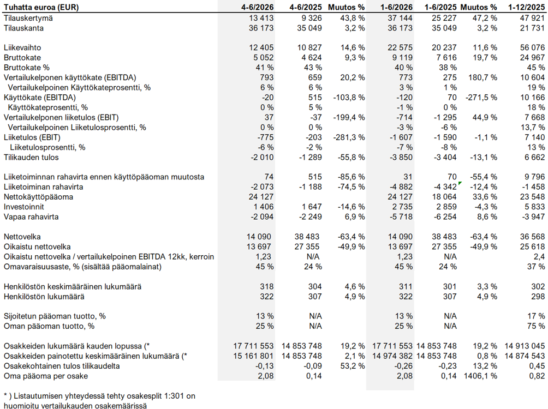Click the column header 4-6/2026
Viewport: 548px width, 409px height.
click(x=257, y=7)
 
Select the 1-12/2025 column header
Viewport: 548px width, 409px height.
click(x=527, y=7)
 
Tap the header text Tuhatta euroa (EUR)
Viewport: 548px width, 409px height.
click(x=41, y=7)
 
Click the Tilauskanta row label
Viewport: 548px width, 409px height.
click(x=24, y=28)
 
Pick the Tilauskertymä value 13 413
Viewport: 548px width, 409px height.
click(x=261, y=18)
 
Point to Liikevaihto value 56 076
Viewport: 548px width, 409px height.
click(x=532, y=47)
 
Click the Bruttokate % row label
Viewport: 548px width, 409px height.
click(x=27, y=68)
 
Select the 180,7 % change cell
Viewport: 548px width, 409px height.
click(x=483, y=77)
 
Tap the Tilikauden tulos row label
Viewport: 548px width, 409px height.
click(x=31, y=157)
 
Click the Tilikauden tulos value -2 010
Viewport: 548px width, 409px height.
click(x=262, y=157)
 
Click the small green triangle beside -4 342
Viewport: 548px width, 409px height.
click(x=461, y=183)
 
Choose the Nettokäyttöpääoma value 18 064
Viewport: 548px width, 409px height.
click(x=444, y=197)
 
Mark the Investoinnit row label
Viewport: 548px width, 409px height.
click(x=24, y=207)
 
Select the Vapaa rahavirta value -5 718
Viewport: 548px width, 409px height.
click(x=401, y=216)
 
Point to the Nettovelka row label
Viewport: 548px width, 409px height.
click(x=22, y=237)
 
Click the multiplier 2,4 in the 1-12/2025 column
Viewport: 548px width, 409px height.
click(x=539, y=257)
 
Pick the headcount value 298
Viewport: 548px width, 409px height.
click(x=538, y=297)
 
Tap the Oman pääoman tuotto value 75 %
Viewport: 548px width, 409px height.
click(x=536, y=326)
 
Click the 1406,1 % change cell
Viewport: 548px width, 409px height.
click(x=480, y=376)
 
